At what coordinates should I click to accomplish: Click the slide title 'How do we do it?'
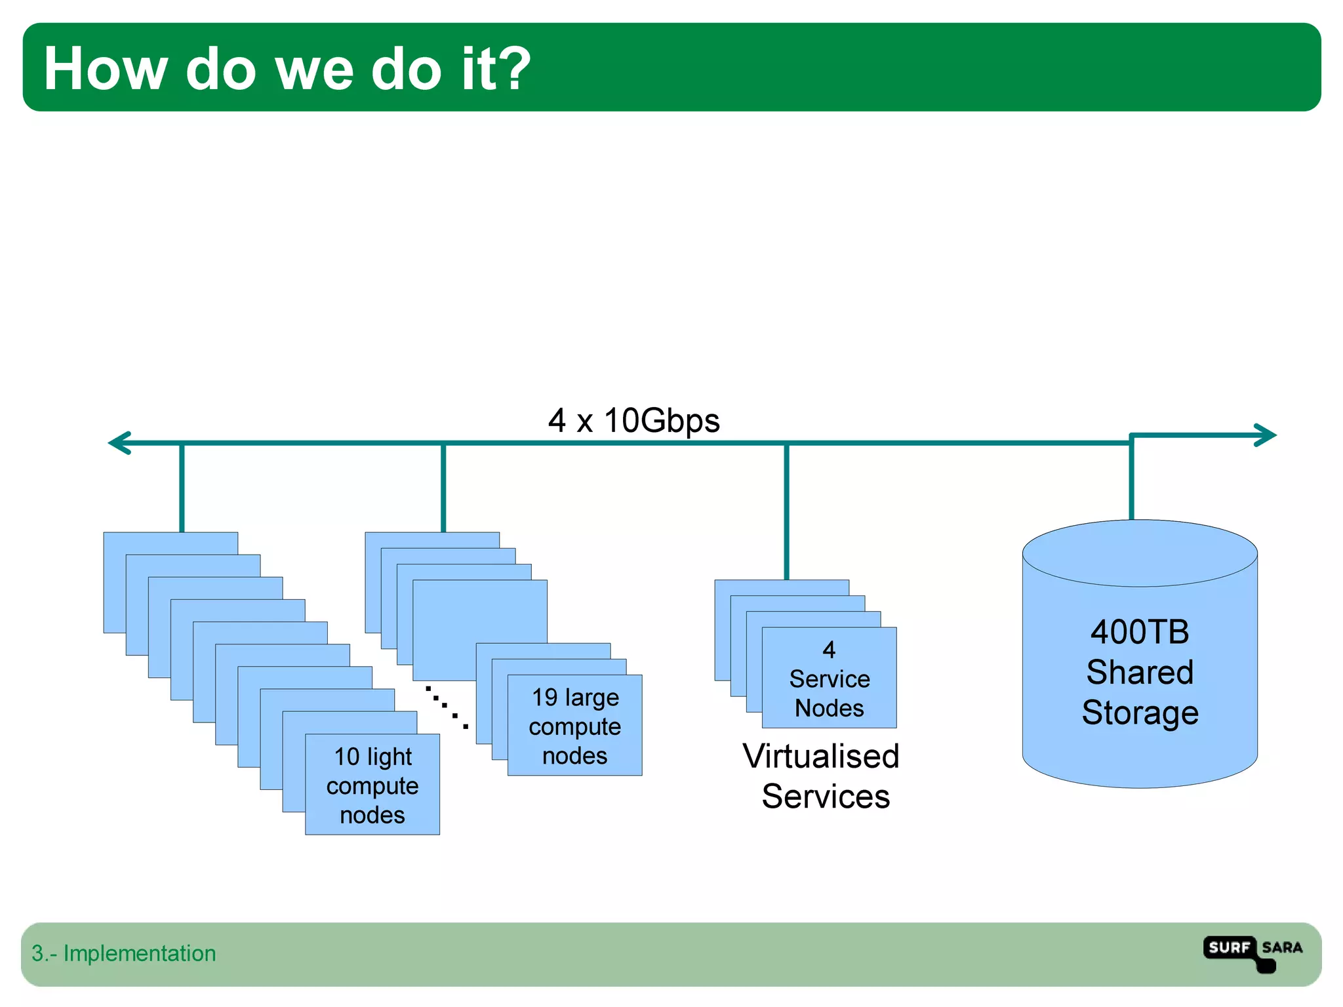coord(287,68)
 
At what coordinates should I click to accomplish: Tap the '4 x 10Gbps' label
coord(633,420)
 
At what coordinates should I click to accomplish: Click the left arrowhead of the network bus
coord(120,443)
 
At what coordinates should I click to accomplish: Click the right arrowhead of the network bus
coord(1265,435)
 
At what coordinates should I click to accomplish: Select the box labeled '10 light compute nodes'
coord(372,785)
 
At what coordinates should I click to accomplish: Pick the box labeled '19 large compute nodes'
coord(574,726)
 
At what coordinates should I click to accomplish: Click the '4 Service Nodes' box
coord(829,679)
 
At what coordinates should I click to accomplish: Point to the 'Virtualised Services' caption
coord(821,776)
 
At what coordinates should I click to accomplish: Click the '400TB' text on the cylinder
coord(1139,632)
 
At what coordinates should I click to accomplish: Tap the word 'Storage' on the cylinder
coord(1140,713)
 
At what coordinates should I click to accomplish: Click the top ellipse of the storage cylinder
coord(1140,553)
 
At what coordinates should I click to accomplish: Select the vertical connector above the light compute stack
coord(182,488)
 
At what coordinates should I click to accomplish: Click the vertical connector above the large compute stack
coord(443,488)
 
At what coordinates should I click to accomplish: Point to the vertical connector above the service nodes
coord(786,511)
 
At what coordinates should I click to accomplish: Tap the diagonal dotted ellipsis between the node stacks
coord(446,707)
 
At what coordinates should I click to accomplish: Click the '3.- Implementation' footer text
coord(123,953)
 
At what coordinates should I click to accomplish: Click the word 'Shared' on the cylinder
coord(1140,673)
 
